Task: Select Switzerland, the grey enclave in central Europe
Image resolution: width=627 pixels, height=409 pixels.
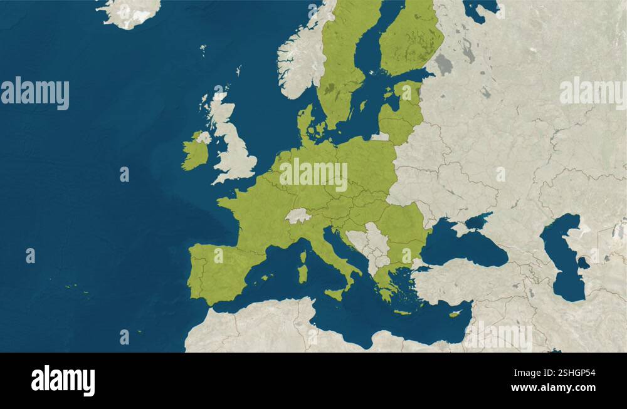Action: (x=298, y=216)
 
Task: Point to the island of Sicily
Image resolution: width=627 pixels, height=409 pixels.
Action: (x=335, y=293)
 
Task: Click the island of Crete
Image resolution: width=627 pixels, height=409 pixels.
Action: (x=402, y=312)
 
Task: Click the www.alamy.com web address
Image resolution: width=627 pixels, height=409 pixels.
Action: (x=553, y=388)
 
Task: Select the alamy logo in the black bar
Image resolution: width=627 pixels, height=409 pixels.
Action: (x=63, y=380)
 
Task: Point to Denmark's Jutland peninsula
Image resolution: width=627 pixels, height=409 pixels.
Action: (x=306, y=122)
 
